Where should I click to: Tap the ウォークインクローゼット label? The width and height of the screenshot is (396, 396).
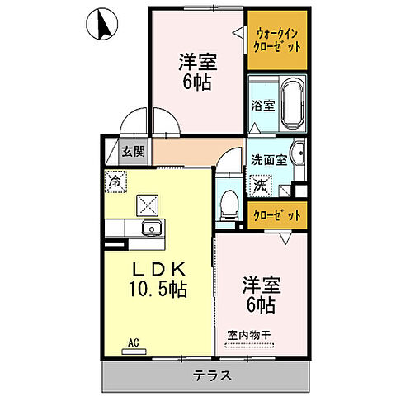277,40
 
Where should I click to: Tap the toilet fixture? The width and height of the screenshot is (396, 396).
229,200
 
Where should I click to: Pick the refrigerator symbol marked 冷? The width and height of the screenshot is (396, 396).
113,179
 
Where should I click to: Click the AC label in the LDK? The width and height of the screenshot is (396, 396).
132,342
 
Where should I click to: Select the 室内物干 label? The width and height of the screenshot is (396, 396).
250,335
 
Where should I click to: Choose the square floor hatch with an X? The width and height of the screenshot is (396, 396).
147,203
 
